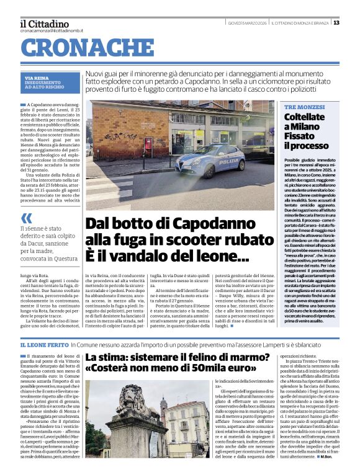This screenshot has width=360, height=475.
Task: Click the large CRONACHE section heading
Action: click(88, 48)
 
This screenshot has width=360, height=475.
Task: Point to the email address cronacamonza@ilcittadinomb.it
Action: click(51, 30)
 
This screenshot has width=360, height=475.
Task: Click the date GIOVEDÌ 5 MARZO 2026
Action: click(246, 23)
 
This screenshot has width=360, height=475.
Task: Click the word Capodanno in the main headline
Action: click(197, 223)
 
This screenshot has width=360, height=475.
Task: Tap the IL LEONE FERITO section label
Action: click(44, 344)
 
